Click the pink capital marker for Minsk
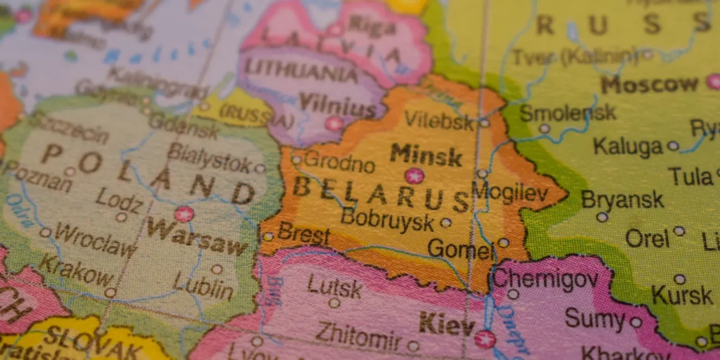[414, 175]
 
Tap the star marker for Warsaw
[184, 214]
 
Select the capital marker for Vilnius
[333, 123]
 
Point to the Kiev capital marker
[484, 339]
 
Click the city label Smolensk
[567, 113]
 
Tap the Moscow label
[649, 84]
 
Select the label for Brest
[303, 233]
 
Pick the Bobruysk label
[387, 219]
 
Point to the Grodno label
[339, 162]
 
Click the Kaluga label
[627, 146]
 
